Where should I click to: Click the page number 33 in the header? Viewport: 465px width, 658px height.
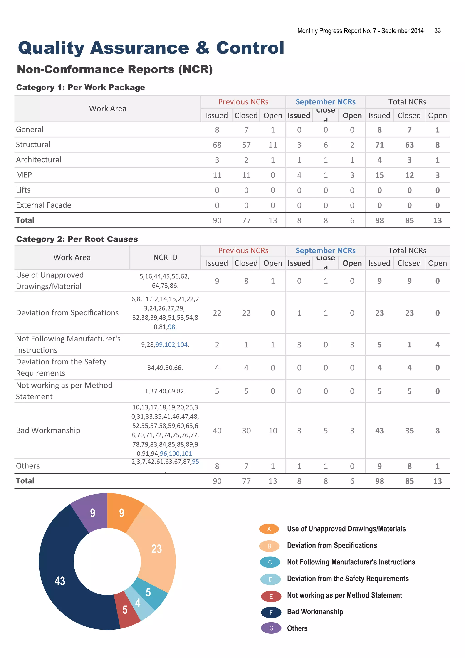point(437,31)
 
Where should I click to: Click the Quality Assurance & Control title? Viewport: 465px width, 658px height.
point(151,48)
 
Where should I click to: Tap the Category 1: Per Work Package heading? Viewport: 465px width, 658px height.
point(81,87)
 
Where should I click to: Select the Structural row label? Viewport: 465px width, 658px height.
point(33,145)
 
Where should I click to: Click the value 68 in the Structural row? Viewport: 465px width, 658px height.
point(217,145)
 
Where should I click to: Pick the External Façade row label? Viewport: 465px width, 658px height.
point(44,205)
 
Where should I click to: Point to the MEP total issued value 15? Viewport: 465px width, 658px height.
point(379,175)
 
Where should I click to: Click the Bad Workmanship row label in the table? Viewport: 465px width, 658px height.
point(48,430)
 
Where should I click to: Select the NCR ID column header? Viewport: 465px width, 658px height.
point(165,257)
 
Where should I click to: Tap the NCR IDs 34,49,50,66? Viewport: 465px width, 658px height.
point(165,368)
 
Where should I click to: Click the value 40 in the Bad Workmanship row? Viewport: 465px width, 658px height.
point(217,431)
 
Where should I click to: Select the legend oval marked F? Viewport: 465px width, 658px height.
point(271,612)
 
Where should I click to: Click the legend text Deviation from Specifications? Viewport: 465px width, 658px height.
point(332,545)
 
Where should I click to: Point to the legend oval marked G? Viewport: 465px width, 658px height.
point(271,628)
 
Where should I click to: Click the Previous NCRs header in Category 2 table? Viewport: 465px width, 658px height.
point(243,251)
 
